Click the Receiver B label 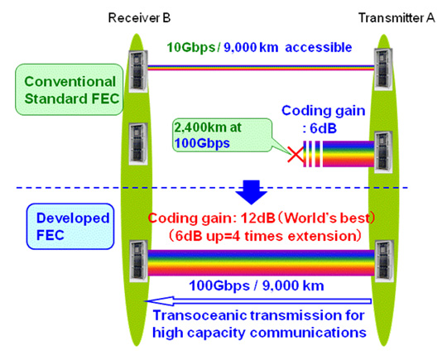pyautogui.click(x=139, y=17)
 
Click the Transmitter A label pyautogui.click(x=397, y=17)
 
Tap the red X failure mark pyautogui.click(x=296, y=154)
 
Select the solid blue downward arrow pyautogui.click(x=251, y=192)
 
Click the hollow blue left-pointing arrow pyautogui.click(x=258, y=301)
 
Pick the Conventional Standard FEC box pyautogui.click(x=70, y=89)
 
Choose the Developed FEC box pyautogui.click(x=70, y=226)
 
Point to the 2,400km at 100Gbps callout pyautogui.click(x=223, y=135)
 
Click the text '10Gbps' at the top pyautogui.click(x=190, y=47)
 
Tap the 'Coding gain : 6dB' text pyautogui.click(x=324, y=119)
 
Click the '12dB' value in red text pyautogui.click(x=258, y=218)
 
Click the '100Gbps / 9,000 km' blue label pyautogui.click(x=257, y=286)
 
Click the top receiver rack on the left pyautogui.click(x=138, y=70)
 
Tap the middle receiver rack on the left pyautogui.click(x=138, y=143)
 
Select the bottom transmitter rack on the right pyautogui.click(x=384, y=262)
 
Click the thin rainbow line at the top pyautogui.click(x=261, y=68)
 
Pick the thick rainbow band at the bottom pyautogui.click(x=261, y=262)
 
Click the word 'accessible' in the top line pyautogui.click(x=319, y=47)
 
